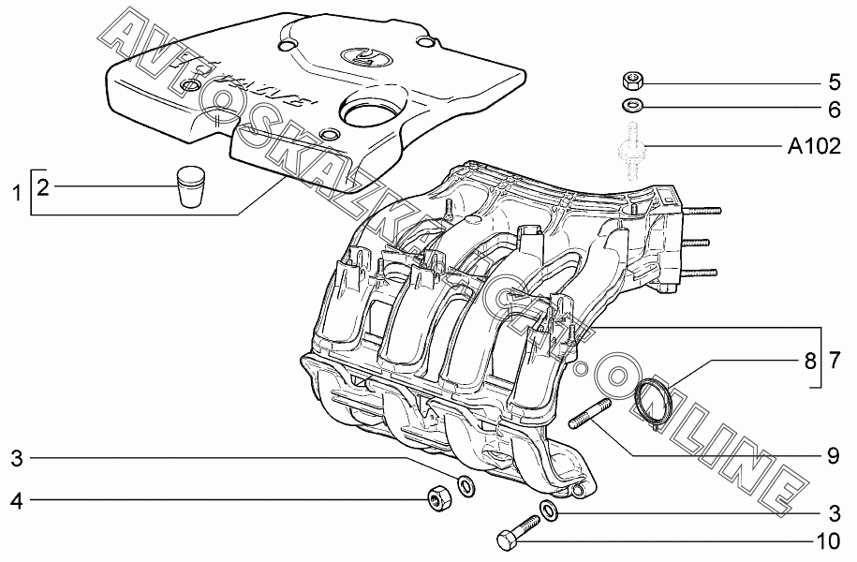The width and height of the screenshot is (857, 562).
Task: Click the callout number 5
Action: tap(834, 82)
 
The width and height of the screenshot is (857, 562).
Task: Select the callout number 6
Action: tap(834, 110)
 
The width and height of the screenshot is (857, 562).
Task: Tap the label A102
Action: tap(814, 146)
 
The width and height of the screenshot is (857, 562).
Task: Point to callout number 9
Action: tap(833, 455)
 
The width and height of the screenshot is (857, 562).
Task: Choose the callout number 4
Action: tap(18, 500)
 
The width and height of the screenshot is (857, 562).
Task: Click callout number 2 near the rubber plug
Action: tap(43, 187)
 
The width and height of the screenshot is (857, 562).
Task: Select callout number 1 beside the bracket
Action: tap(18, 192)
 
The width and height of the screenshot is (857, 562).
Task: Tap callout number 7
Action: tap(834, 361)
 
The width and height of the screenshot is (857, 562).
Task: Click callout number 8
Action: tap(810, 361)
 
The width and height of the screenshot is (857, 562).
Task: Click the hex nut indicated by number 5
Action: tap(632, 82)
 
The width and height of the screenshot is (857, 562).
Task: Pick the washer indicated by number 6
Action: tap(632, 104)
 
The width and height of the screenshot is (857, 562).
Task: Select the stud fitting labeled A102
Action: tap(632, 151)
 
